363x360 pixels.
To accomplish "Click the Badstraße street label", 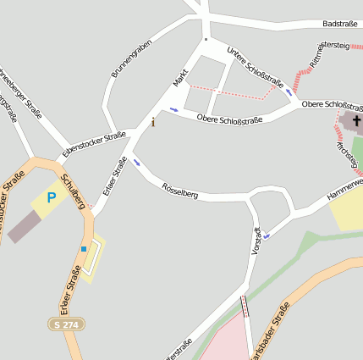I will click(340, 24).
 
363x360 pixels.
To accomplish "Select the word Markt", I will click(180, 77).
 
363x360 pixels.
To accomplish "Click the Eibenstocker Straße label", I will click(94, 145).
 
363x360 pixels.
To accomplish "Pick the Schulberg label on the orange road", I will click(75, 191).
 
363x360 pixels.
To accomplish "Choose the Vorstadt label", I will click(257, 242).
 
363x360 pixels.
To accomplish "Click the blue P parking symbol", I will click(51, 197).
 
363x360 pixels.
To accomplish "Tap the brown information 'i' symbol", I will click(153, 122).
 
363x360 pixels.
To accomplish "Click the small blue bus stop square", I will click(84, 248).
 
